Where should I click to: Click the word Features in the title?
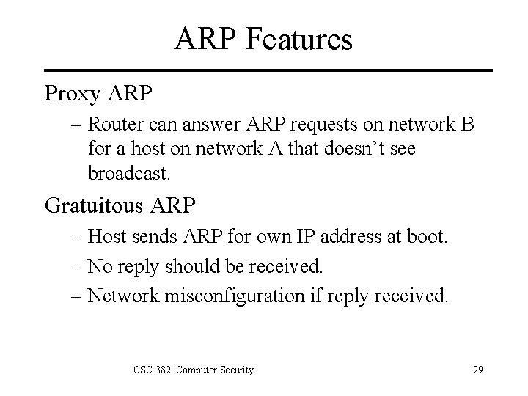pos(303,40)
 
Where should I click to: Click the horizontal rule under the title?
pos(264,70)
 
